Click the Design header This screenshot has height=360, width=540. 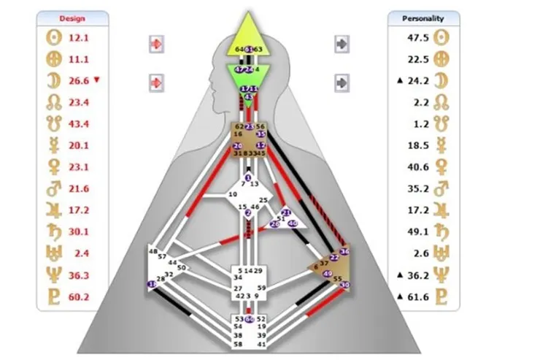pyautogui.click(x=72, y=18)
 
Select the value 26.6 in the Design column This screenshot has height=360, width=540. pyautogui.click(x=79, y=80)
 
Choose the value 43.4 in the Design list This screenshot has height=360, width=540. pyautogui.click(x=79, y=124)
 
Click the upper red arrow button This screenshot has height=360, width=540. pyautogui.click(x=156, y=44)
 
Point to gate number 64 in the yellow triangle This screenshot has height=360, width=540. pyautogui.click(x=239, y=49)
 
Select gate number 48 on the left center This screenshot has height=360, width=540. pyautogui.click(x=153, y=252)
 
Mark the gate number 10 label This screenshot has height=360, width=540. pyautogui.click(x=233, y=195)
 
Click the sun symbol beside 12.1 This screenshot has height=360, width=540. pyautogui.click(x=53, y=37)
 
